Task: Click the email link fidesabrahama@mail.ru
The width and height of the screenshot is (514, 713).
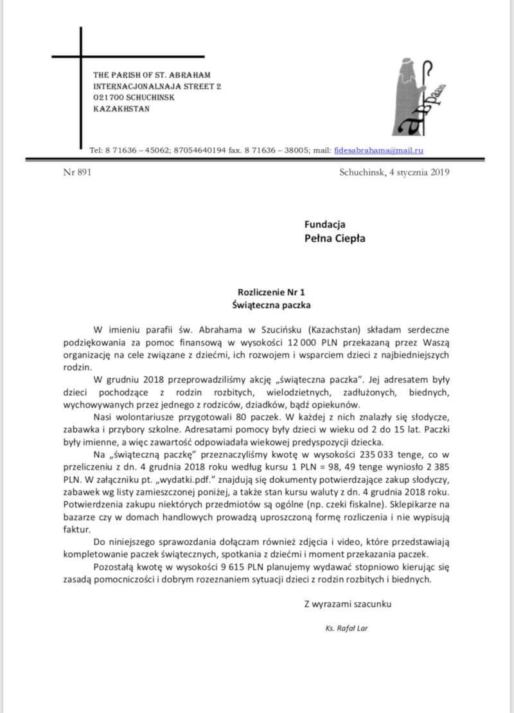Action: pyautogui.click(x=378, y=150)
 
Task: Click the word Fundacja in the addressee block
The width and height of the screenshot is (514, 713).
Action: pyautogui.click(x=325, y=224)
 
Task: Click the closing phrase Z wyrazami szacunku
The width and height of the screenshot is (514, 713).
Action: pyautogui.click(x=347, y=604)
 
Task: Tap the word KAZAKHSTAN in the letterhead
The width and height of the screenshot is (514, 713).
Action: pyautogui.click(x=121, y=109)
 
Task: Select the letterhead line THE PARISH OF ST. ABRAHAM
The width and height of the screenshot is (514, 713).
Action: pyautogui.click(x=152, y=76)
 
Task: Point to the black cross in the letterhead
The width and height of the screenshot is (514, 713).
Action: pyautogui.click(x=81, y=84)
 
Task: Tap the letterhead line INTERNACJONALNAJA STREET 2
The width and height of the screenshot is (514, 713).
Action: pyautogui.click(x=157, y=87)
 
